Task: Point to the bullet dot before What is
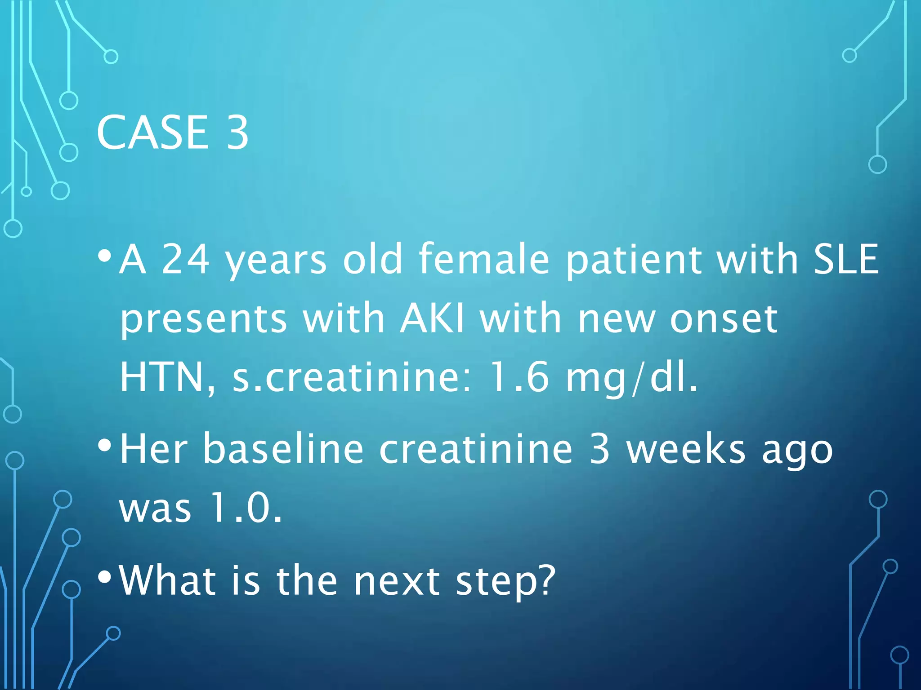coord(104,577)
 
